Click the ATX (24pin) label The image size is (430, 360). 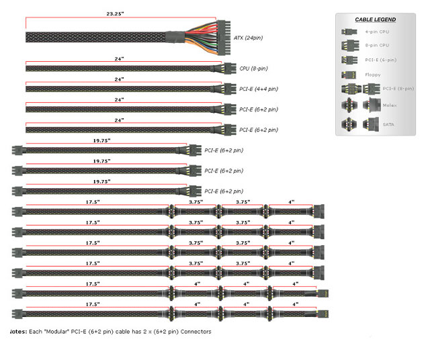coord(245,38)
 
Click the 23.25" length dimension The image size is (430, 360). coord(118,13)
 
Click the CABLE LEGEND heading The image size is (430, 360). coord(376,19)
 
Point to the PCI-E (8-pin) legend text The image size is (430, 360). coord(399,88)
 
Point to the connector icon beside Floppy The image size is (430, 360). coord(349,74)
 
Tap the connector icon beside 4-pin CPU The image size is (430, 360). coord(347,32)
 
